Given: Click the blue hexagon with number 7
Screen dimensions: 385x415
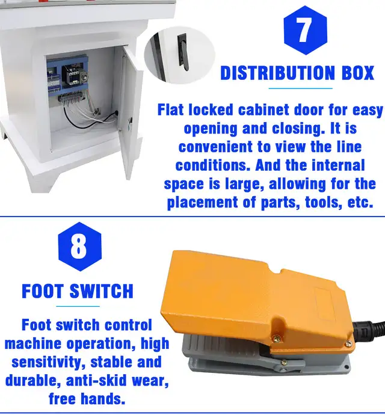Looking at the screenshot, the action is [x=305, y=30].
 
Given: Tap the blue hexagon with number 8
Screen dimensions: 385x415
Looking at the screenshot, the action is [x=79, y=247].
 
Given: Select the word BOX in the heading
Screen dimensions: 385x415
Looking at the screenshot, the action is [x=358, y=73].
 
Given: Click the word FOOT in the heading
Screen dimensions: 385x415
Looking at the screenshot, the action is [x=43, y=291].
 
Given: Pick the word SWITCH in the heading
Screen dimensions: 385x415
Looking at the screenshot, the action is [x=102, y=291].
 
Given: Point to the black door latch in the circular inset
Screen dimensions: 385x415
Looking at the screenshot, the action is [x=183, y=52].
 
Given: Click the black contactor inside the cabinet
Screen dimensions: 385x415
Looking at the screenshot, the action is [x=70, y=75].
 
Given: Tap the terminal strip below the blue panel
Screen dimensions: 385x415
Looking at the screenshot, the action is [x=70, y=97].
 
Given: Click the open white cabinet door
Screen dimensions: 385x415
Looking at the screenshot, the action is [x=129, y=111].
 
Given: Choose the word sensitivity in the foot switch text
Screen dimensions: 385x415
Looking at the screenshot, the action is [x=48, y=362].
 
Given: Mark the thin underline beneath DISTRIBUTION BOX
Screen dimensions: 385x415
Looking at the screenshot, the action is [x=301, y=88].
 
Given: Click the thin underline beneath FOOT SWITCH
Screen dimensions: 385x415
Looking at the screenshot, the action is [x=78, y=307].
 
